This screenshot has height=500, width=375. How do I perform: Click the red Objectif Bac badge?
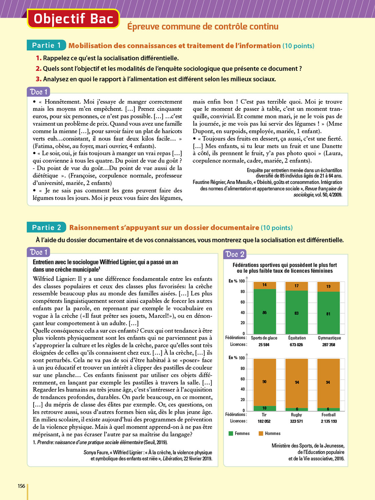73,19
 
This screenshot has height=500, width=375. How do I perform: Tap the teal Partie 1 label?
46,45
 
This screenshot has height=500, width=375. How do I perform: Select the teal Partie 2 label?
46,228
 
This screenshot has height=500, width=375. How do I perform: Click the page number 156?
21,486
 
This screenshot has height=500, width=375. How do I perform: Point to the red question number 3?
39,79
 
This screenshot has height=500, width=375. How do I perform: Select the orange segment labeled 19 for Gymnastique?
328,287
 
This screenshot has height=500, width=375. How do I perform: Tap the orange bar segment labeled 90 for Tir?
265,382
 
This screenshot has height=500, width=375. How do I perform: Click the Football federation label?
328,415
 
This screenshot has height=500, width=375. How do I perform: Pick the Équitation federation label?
297,338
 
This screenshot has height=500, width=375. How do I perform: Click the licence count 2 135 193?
329,421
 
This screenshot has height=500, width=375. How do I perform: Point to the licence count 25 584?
264,345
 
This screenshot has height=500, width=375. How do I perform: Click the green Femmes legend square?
231,433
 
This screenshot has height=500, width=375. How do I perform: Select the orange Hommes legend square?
261,433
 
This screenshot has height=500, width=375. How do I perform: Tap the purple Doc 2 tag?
235,254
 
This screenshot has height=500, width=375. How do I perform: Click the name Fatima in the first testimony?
43,146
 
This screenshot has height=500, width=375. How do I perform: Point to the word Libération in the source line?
172,459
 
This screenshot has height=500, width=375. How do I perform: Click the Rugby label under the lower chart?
296,415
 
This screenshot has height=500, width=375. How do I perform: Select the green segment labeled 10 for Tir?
265,408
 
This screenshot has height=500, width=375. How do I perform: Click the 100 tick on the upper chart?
242,281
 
